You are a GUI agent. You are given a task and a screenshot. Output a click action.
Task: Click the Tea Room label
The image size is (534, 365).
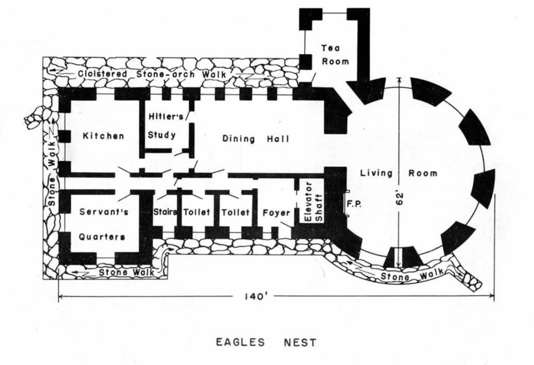[335, 55]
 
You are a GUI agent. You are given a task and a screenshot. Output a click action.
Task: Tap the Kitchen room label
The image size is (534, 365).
[104, 136]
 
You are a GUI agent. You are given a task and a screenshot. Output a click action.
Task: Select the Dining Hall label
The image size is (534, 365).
[256, 139]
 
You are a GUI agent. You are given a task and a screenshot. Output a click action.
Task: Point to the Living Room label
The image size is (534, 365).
[399, 173]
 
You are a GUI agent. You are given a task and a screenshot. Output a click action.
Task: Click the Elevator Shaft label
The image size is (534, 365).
[314, 202]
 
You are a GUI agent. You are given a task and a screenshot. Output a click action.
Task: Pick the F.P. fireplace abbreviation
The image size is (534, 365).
[354, 204]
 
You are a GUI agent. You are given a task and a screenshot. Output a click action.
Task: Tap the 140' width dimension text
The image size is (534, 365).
[254, 297]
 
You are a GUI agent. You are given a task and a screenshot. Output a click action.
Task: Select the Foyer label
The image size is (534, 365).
[276, 213]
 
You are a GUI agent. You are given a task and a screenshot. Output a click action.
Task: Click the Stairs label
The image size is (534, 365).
[165, 212]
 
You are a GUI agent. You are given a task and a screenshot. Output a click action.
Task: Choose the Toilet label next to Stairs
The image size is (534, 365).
[197, 212]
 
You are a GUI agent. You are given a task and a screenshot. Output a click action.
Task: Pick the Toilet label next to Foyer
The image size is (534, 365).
[236, 212]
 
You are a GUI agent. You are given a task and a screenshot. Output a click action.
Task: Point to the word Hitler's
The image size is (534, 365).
[166, 116]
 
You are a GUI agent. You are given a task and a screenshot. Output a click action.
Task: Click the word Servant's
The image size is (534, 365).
[104, 212]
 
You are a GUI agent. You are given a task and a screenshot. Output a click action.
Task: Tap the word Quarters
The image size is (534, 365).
[102, 237]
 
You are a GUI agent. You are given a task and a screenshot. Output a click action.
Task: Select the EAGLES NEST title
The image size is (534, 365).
[266, 342]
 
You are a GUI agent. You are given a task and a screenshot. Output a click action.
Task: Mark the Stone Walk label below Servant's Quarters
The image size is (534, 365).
[126, 272]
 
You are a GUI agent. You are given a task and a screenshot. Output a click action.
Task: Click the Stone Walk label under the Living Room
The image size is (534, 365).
[412, 274]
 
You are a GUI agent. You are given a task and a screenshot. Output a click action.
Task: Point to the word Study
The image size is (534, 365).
[162, 135]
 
